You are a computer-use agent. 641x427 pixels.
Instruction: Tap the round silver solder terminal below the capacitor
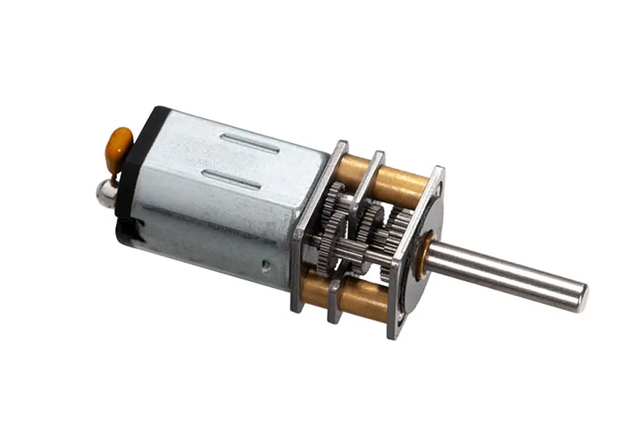(x=108, y=192)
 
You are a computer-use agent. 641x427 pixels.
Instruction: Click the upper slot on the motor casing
(x=250, y=142)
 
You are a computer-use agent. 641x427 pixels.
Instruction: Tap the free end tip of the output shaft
(x=582, y=297)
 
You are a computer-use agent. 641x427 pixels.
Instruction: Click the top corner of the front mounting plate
(x=436, y=171)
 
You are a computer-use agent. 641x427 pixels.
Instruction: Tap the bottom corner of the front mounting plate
(x=394, y=333)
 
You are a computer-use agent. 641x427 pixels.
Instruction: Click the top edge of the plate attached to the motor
(x=340, y=145)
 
